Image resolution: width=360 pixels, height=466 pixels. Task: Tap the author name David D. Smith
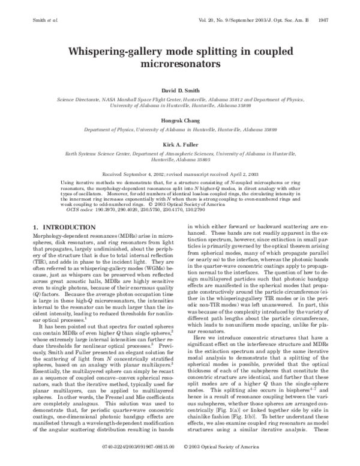179,91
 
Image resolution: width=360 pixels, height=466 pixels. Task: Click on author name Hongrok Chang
179,120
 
